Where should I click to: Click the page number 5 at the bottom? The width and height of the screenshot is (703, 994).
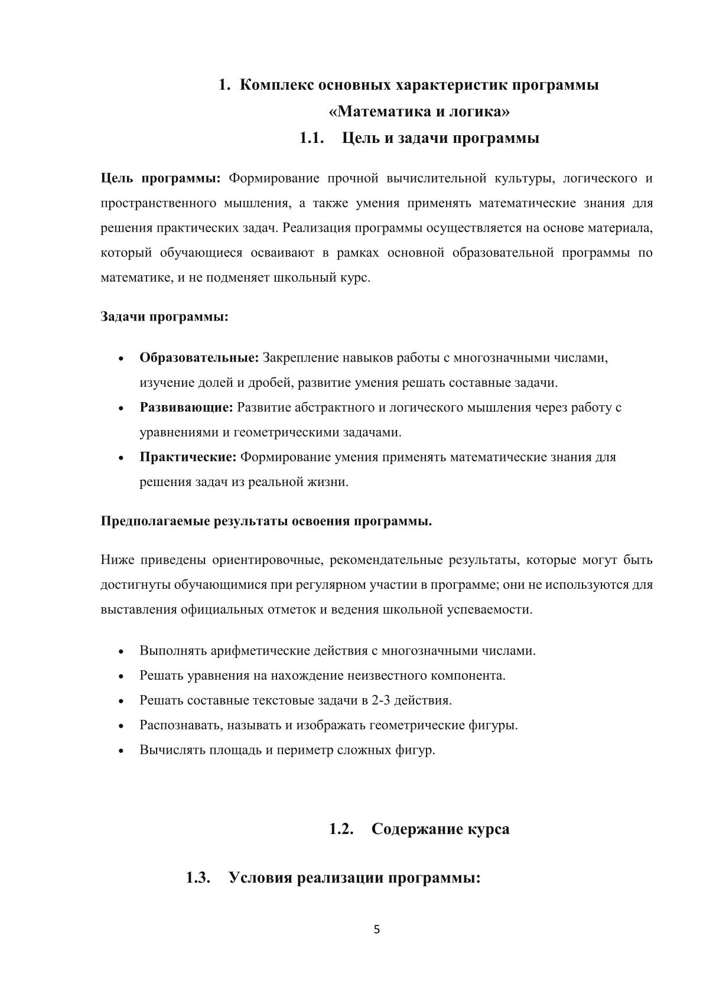pos(377,930)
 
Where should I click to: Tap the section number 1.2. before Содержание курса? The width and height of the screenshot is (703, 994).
pos(341,829)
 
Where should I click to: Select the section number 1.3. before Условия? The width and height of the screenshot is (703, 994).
pos(198,877)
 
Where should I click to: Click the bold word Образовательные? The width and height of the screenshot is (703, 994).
pos(199,357)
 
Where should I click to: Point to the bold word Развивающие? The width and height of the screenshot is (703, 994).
pos(186,407)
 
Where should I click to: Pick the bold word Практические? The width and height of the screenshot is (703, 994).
pos(188,457)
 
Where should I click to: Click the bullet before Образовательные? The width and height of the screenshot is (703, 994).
pos(121,359)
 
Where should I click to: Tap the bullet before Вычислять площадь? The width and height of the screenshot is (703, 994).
pos(121,751)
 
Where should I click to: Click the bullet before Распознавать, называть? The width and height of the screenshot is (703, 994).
pos(121,726)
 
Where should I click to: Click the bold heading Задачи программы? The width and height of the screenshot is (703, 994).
pos(164,317)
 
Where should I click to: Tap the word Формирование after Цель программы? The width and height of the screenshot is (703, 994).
pos(274,178)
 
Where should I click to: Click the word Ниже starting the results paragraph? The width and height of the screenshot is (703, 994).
pos(118,559)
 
